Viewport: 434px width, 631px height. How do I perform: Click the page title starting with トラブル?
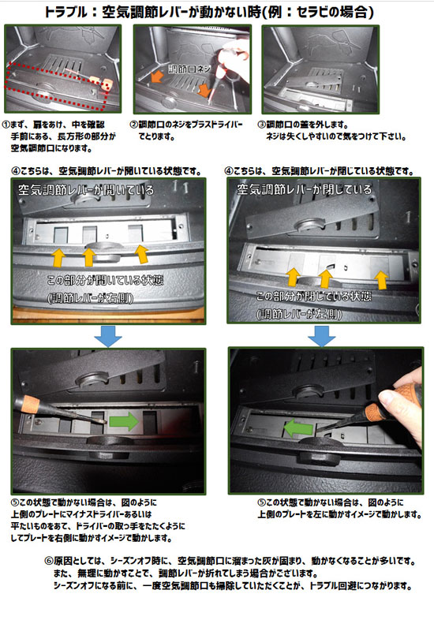click(x=209, y=12)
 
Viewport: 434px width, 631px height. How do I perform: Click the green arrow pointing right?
click(x=124, y=421)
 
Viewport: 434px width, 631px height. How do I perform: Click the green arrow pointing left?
click(x=298, y=428)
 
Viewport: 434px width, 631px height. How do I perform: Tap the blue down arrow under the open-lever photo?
click(x=108, y=336)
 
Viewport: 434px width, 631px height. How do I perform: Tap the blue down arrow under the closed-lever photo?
click(x=321, y=336)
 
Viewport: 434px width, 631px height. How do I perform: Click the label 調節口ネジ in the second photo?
click(x=189, y=69)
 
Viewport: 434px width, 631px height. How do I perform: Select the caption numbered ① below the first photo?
click(x=59, y=136)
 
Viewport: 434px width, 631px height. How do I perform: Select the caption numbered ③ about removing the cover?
click(x=331, y=130)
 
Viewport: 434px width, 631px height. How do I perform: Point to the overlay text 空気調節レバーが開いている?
click(x=86, y=189)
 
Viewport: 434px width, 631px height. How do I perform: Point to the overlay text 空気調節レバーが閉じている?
click(x=304, y=189)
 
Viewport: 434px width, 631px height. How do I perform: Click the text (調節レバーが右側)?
click(x=91, y=298)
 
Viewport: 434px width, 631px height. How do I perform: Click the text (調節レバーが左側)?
click(x=299, y=314)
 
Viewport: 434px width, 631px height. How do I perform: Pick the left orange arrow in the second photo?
click(x=156, y=77)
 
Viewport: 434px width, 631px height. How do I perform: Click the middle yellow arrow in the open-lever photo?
click(x=88, y=257)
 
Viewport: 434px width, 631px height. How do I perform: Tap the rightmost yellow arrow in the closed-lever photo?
click(x=381, y=280)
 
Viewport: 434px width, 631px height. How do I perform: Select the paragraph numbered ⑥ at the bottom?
click(x=230, y=573)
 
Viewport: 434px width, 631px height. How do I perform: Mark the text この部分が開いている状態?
click(x=105, y=280)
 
